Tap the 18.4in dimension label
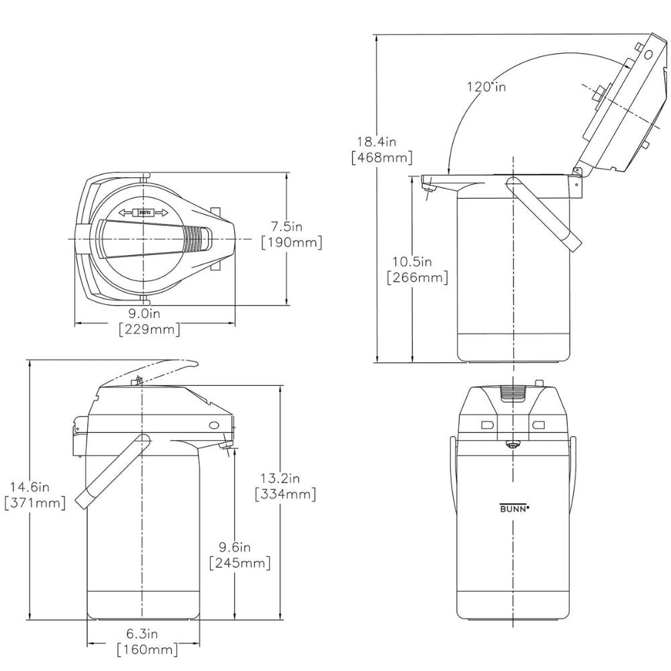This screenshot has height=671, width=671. [x=377, y=141]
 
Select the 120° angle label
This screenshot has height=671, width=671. [x=486, y=87]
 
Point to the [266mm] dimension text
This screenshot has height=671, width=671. [x=417, y=277]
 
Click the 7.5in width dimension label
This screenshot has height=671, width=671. [x=287, y=226]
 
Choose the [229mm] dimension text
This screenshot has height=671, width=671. [x=150, y=329]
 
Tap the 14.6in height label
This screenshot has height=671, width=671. [x=30, y=486]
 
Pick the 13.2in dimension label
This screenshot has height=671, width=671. [x=280, y=478]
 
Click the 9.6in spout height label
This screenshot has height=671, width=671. [x=235, y=546]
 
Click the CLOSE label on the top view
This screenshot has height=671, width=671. [x=144, y=213]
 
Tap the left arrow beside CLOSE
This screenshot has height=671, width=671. [x=126, y=213]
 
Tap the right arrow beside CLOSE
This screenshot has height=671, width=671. [x=161, y=213]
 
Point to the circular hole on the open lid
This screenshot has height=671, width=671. [x=648, y=54]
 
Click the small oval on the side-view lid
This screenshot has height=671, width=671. [x=213, y=425]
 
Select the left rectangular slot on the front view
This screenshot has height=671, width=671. [x=487, y=425]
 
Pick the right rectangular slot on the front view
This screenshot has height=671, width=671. [x=538, y=425]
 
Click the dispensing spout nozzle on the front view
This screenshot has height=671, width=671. [x=512, y=445]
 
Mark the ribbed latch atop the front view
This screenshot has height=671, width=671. [x=514, y=393]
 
